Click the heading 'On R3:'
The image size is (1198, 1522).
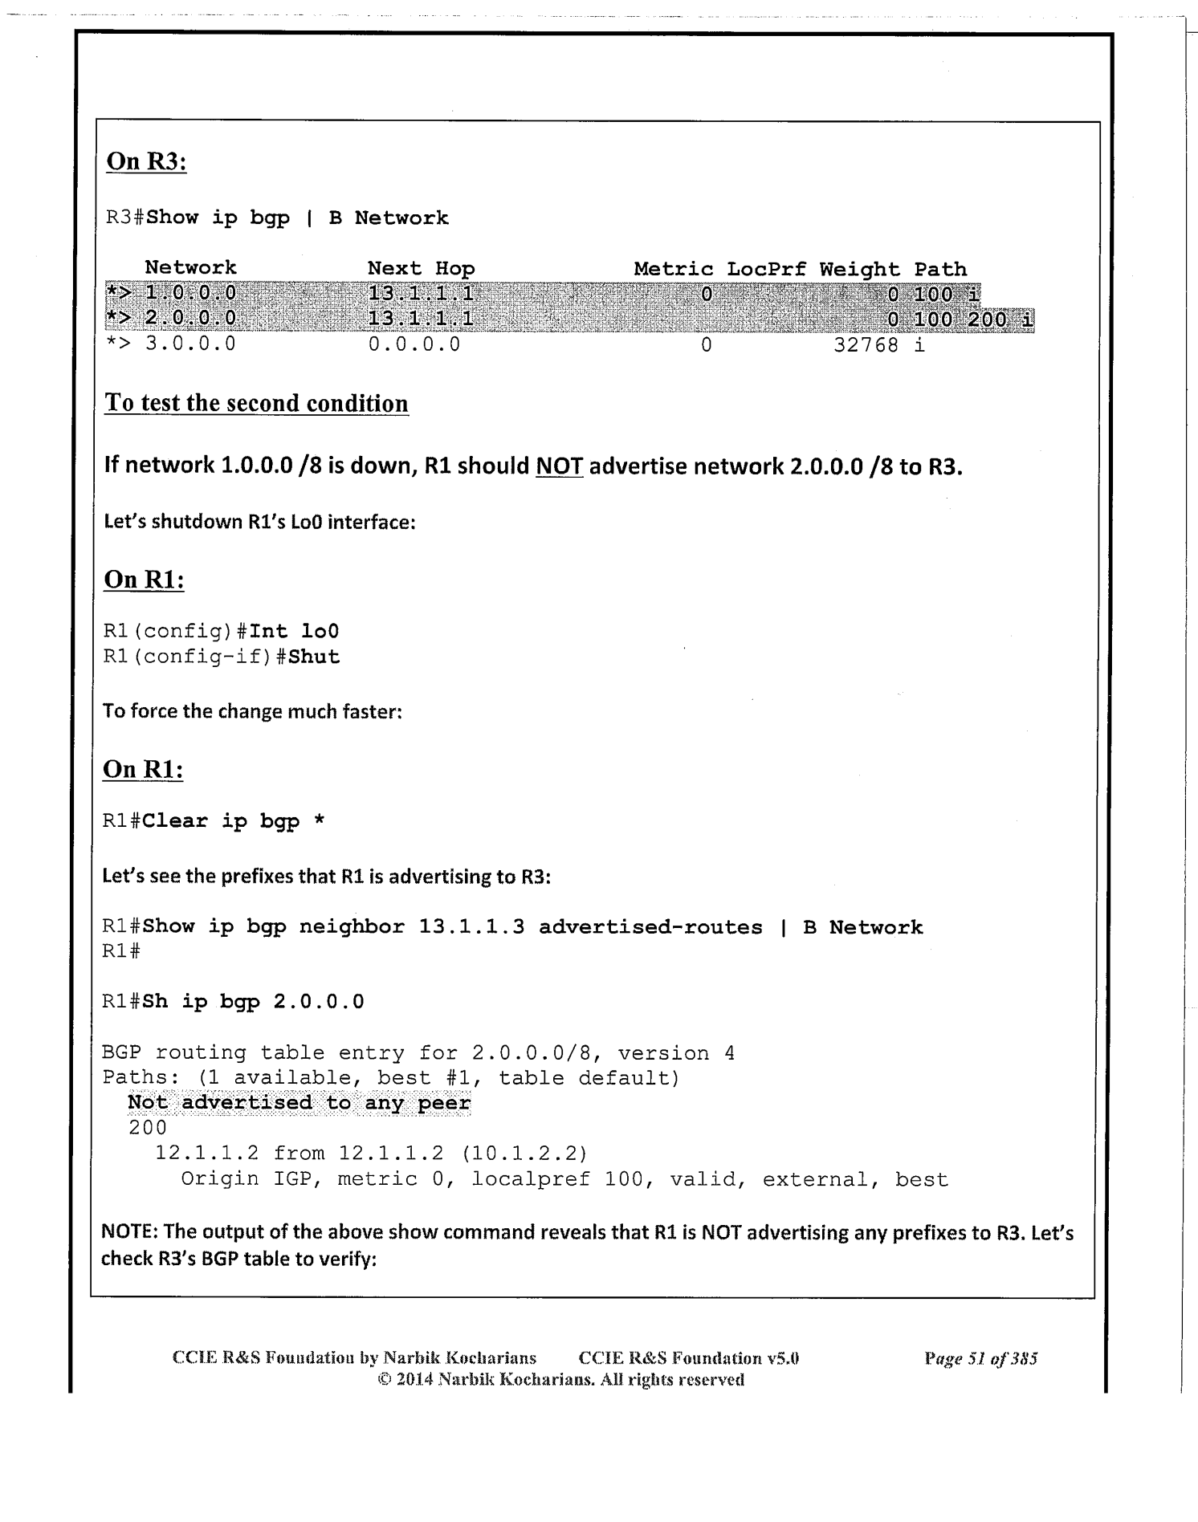[146, 161]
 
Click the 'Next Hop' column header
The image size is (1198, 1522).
[421, 268]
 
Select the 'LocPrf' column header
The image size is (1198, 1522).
[766, 269]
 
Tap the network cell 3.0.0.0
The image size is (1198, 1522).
[190, 345]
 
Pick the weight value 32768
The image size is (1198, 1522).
[866, 346]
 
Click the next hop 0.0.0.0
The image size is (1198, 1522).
[414, 345]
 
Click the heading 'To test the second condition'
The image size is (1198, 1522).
[256, 403]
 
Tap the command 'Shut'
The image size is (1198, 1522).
[314, 657]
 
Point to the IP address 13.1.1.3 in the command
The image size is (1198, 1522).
[471, 927]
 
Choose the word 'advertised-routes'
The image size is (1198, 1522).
[650, 927]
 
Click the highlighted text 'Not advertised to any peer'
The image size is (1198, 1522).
[299, 1103]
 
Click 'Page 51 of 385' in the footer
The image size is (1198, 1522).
[980, 1358]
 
